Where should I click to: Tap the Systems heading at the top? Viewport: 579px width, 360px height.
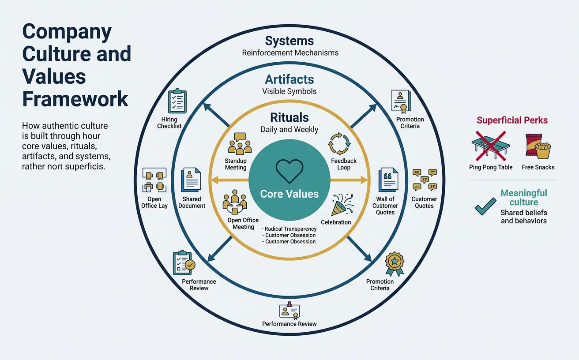(289, 41)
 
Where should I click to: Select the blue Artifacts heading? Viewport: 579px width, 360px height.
(289, 80)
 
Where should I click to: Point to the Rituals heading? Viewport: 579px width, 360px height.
(289, 118)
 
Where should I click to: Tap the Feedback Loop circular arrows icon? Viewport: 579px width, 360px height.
(338, 142)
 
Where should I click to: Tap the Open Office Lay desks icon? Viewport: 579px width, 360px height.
(154, 180)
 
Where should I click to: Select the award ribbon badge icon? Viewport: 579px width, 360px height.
(394, 263)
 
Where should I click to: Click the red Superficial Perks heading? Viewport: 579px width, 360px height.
(512, 120)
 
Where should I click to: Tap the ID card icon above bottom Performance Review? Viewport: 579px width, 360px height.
(289, 310)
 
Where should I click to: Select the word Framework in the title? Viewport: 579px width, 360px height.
(75, 99)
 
